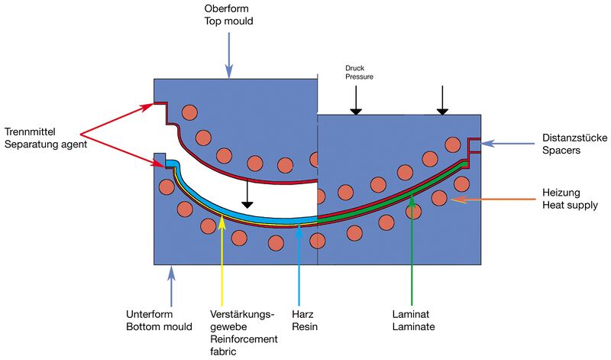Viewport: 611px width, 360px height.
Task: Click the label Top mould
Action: [228, 21]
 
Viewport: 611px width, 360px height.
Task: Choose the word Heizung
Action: [560, 193]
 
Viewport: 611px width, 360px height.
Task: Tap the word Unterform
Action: [148, 314]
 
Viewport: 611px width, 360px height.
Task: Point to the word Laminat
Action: [411, 314]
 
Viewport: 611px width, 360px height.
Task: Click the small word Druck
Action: [346, 66]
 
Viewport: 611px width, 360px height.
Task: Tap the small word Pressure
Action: [350, 76]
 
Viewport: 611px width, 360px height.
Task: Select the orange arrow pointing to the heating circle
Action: [493, 199]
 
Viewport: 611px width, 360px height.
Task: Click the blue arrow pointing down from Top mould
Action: [228, 54]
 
